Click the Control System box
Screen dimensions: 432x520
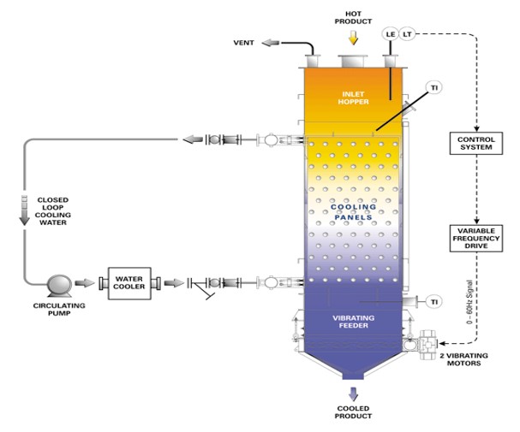473,143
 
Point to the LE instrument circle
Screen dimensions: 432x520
390,34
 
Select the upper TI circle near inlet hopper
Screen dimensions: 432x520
435,89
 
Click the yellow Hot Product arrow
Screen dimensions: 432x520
353,38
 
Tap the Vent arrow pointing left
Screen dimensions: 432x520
270,43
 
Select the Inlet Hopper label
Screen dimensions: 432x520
353,98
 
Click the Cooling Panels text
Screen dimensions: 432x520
353,212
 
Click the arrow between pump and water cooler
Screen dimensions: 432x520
86,282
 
